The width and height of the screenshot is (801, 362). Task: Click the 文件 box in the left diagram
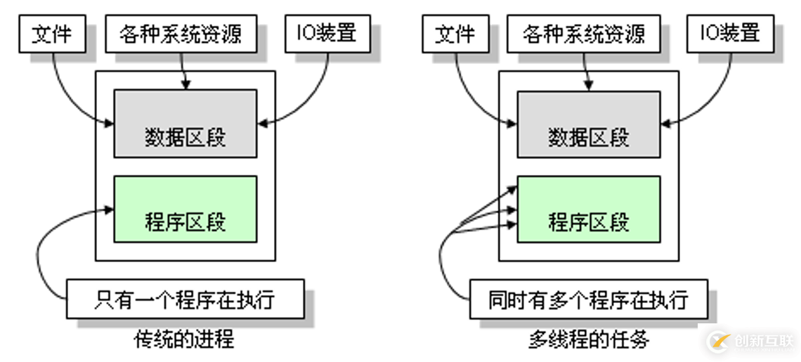point(52,33)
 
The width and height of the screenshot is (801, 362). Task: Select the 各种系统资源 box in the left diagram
point(180,33)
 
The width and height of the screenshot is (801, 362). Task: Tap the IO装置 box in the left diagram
point(326,33)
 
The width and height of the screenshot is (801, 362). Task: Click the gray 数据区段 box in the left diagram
point(185,124)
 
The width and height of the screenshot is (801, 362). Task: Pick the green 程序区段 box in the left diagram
point(185,209)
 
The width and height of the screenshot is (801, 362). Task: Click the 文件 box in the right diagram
point(455,33)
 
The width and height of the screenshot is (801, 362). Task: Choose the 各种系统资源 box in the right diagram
point(583,33)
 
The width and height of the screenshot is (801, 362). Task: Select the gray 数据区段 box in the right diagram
point(589,124)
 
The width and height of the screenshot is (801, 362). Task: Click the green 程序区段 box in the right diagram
point(589,209)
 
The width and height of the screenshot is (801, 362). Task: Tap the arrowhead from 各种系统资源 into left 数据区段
point(185,86)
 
